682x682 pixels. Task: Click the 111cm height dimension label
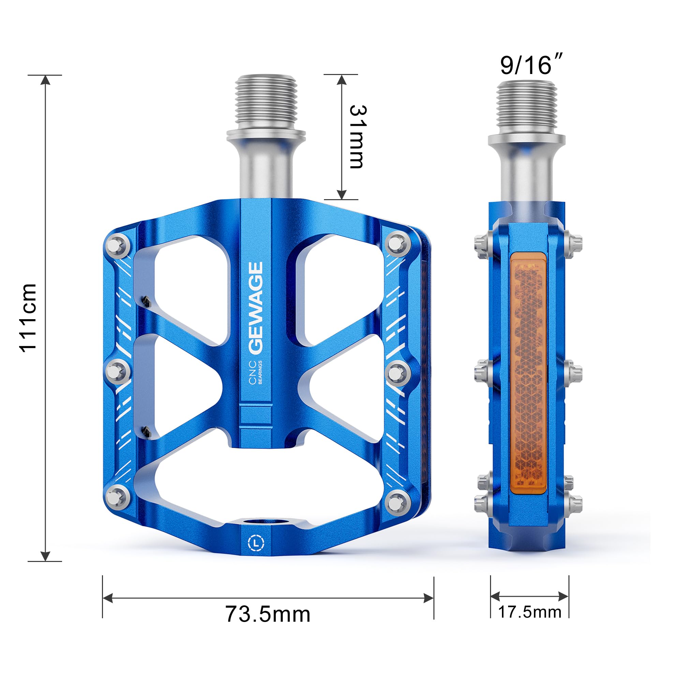[x=28, y=318]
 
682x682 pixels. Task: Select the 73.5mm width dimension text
[x=268, y=614]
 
